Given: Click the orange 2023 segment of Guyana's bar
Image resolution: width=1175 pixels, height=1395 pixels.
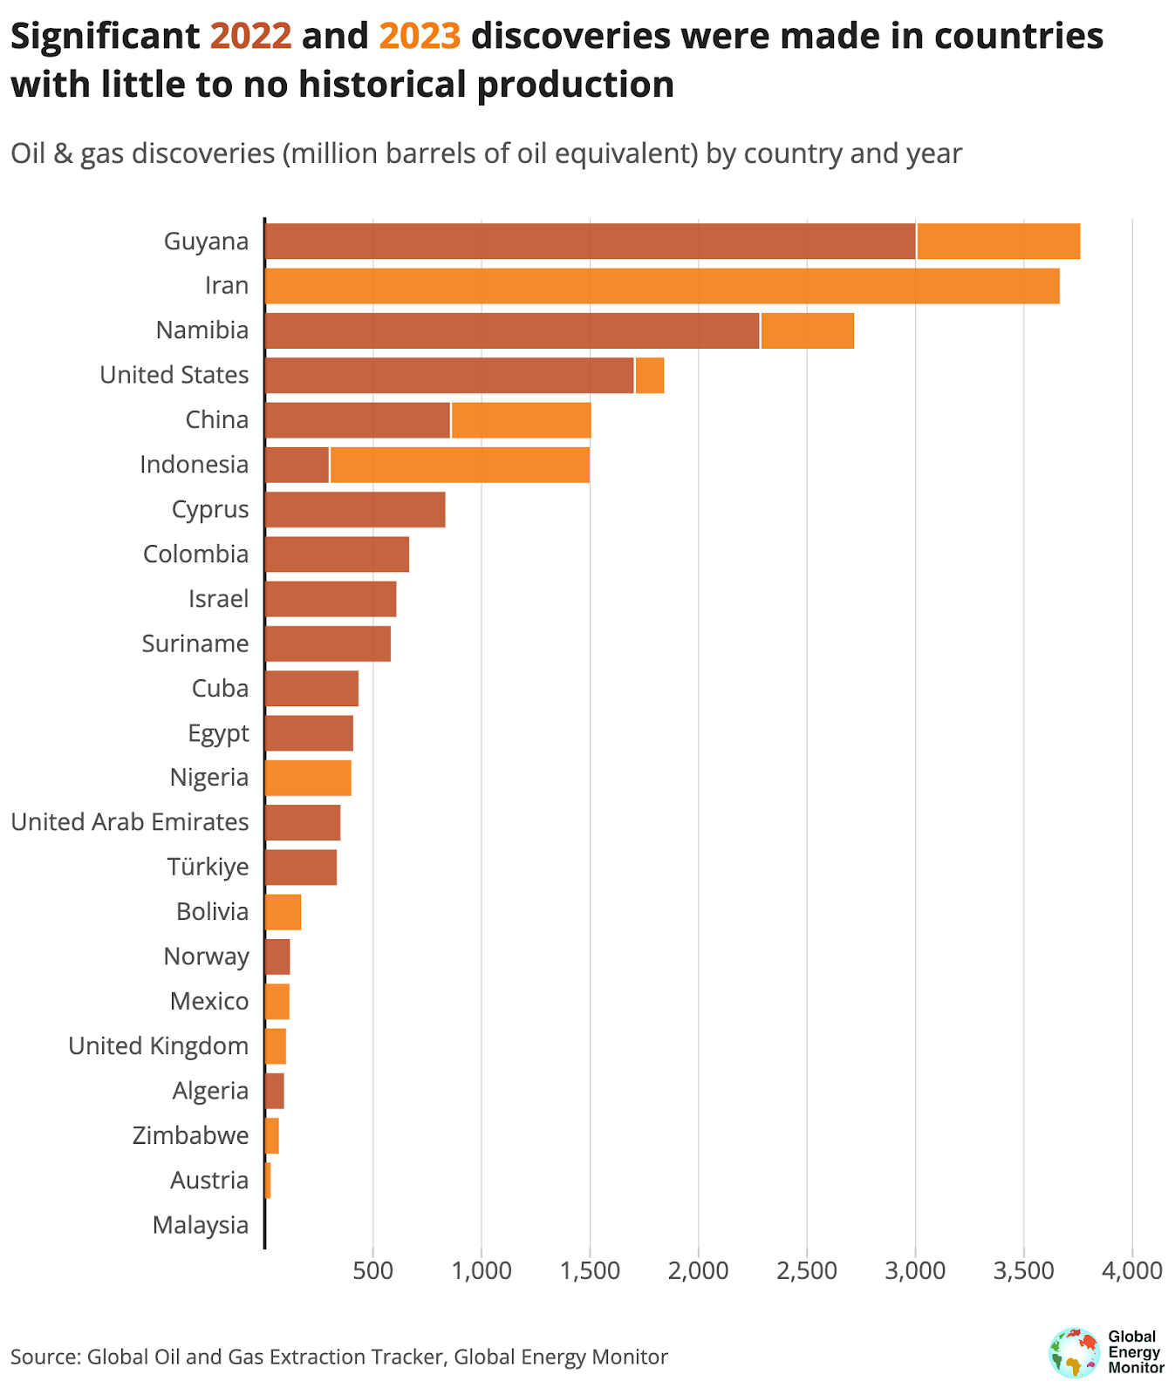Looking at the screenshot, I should pyautogui.click(x=998, y=242).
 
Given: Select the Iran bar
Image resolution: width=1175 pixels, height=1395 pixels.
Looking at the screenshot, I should pyautogui.click(x=662, y=286).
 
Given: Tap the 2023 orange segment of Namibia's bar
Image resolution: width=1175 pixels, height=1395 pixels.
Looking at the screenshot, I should pyautogui.click(x=807, y=331).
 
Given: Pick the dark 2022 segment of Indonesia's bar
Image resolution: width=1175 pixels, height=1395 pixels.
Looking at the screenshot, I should pyautogui.click(x=297, y=465).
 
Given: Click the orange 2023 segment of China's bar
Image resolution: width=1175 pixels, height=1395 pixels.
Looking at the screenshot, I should pyautogui.click(x=521, y=420).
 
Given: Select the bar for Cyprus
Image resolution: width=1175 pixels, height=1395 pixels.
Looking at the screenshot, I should pyautogui.click(x=355, y=509).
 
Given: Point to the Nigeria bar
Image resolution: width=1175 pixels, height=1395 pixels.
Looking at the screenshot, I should pyautogui.click(x=308, y=778).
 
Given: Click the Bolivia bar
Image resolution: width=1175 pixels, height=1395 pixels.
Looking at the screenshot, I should pyautogui.click(x=283, y=912).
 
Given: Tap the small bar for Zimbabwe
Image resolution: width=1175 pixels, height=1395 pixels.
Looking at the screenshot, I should pyautogui.click(x=272, y=1135).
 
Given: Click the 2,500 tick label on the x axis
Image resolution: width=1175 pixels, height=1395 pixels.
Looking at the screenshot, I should pyautogui.click(x=807, y=1270).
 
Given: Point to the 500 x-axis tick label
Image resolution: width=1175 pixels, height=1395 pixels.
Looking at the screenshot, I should pyautogui.click(x=372, y=1270).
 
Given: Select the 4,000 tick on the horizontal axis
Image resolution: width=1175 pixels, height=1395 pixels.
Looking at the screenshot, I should pyautogui.click(x=1131, y=1270).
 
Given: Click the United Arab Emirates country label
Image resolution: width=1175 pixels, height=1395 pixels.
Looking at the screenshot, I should pyautogui.click(x=130, y=822).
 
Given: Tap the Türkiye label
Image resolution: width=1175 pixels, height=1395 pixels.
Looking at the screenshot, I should pyautogui.click(x=208, y=868).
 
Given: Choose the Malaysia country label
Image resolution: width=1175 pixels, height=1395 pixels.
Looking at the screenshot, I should pyautogui.click(x=201, y=1225).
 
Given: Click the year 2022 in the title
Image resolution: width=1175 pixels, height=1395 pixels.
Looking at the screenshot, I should pyautogui.click(x=251, y=37).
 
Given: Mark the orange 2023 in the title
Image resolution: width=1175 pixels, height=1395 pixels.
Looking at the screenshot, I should pyautogui.click(x=420, y=37).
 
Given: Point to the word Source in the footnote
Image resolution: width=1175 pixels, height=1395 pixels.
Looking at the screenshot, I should pyautogui.click(x=44, y=1357).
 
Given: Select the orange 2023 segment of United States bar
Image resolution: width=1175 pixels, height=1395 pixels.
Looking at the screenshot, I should pyautogui.click(x=650, y=376).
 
